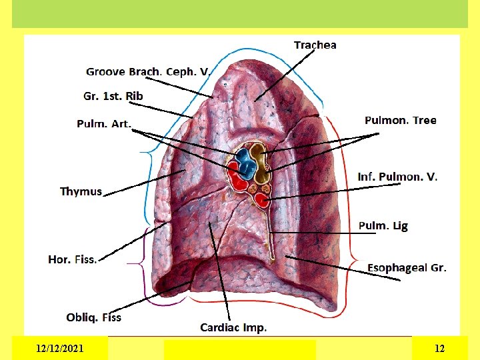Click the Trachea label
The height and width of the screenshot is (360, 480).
(315, 45)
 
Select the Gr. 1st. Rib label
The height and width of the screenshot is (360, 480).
(113, 96)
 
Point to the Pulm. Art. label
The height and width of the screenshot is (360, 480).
(104, 123)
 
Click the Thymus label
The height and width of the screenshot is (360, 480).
(81, 191)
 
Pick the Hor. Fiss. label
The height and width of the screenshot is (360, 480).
(73, 259)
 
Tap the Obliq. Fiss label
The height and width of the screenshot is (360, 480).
(93, 317)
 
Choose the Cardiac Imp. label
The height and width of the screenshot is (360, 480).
(233, 327)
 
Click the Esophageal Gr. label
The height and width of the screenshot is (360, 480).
(407, 268)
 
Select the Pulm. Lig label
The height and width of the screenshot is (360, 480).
(383, 226)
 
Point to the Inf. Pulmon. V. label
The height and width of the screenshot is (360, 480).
(397, 177)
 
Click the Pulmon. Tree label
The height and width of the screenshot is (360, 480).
(400, 120)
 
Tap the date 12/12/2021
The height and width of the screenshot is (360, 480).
(60, 348)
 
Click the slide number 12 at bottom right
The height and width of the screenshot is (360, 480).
(439, 348)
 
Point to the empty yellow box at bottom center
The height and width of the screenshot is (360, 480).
(239, 349)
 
